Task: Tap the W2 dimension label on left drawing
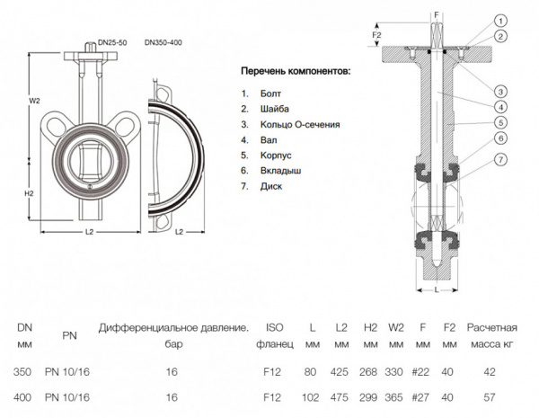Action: [x=34, y=101]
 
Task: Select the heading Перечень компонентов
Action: [x=296, y=71]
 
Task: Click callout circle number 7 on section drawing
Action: [x=499, y=159]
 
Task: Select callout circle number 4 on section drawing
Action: [x=499, y=106]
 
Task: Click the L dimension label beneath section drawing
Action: [x=436, y=289]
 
